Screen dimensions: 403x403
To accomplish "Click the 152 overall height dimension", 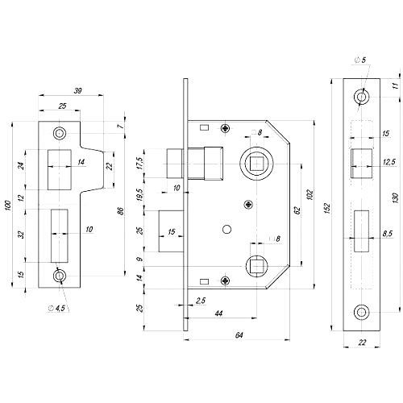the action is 327,209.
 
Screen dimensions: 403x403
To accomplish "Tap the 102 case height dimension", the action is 310,194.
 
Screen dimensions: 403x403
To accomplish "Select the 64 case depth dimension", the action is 239,335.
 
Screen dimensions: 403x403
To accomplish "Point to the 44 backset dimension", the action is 219,314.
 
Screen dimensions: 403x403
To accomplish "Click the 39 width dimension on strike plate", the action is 77,91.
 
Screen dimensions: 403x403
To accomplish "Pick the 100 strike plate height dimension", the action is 8,206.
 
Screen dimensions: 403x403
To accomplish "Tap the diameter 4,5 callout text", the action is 58,308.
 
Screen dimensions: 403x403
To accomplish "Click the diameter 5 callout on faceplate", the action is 360,60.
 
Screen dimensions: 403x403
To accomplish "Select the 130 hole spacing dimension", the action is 396,198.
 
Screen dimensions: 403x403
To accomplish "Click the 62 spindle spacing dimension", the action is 297,210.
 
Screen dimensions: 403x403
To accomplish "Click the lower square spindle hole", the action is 257,266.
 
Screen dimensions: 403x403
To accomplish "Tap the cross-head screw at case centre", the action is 249,205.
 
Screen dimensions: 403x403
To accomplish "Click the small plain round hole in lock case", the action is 227,230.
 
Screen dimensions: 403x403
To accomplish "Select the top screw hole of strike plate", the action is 60,133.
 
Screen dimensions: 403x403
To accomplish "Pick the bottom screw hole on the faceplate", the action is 362,313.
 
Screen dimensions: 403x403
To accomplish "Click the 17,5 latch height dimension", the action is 139,163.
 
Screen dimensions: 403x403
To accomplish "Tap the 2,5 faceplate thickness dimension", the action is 201,301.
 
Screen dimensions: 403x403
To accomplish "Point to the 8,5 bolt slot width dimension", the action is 387,233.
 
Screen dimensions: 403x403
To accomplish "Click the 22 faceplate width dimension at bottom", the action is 362,343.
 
